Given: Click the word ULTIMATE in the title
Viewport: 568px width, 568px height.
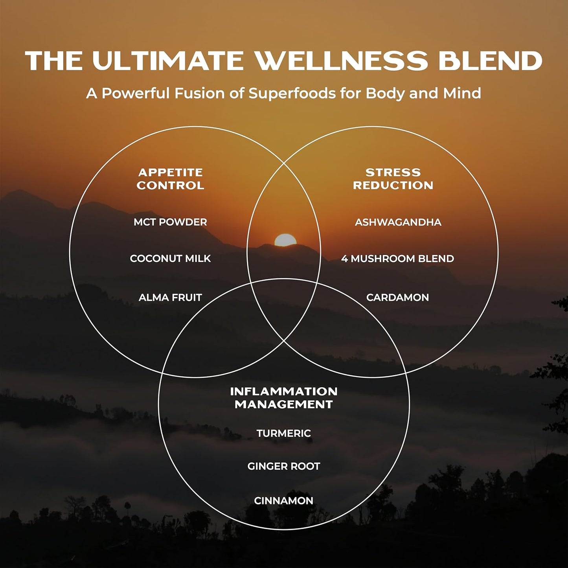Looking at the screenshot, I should (168, 61).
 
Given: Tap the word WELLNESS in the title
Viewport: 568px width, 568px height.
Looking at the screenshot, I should (341, 61).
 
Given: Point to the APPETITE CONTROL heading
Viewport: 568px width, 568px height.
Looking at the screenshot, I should (170, 179).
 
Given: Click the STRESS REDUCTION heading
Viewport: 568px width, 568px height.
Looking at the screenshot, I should (393, 179).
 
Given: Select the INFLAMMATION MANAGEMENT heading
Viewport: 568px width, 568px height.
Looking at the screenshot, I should (283, 398).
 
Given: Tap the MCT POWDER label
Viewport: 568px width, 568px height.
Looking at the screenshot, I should (170, 222).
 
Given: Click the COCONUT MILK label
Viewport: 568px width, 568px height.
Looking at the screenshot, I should (170, 259).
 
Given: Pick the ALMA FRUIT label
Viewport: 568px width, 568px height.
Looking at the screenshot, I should (170, 298).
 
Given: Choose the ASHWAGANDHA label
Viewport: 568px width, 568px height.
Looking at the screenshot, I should (398, 222).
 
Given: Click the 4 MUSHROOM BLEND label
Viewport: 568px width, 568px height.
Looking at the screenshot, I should (397, 259).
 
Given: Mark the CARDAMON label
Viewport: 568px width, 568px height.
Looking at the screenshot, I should (397, 298).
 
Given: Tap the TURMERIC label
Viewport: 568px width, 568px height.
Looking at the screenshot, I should (283, 433).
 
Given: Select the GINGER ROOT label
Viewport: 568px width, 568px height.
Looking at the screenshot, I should (283, 466).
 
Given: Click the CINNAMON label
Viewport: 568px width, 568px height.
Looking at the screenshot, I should (283, 501).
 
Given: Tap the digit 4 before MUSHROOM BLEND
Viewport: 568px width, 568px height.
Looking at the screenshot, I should (344, 259).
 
